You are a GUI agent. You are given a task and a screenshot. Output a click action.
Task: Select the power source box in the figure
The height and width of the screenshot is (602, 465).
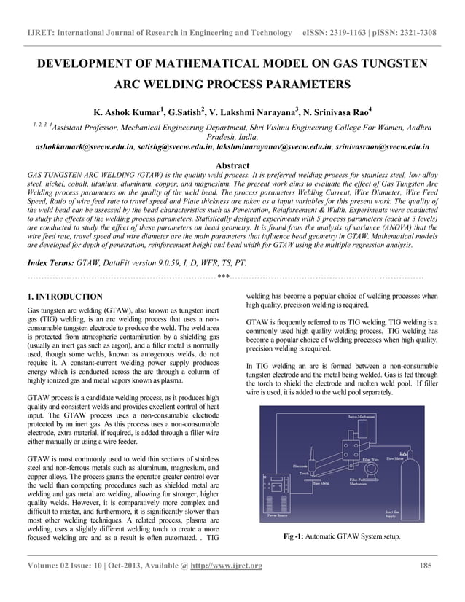click(275, 491)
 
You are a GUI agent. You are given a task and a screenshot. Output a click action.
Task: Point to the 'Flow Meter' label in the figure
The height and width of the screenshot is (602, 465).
click(396, 459)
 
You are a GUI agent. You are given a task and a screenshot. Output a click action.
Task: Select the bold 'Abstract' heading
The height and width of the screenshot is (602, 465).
click(232, 165)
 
